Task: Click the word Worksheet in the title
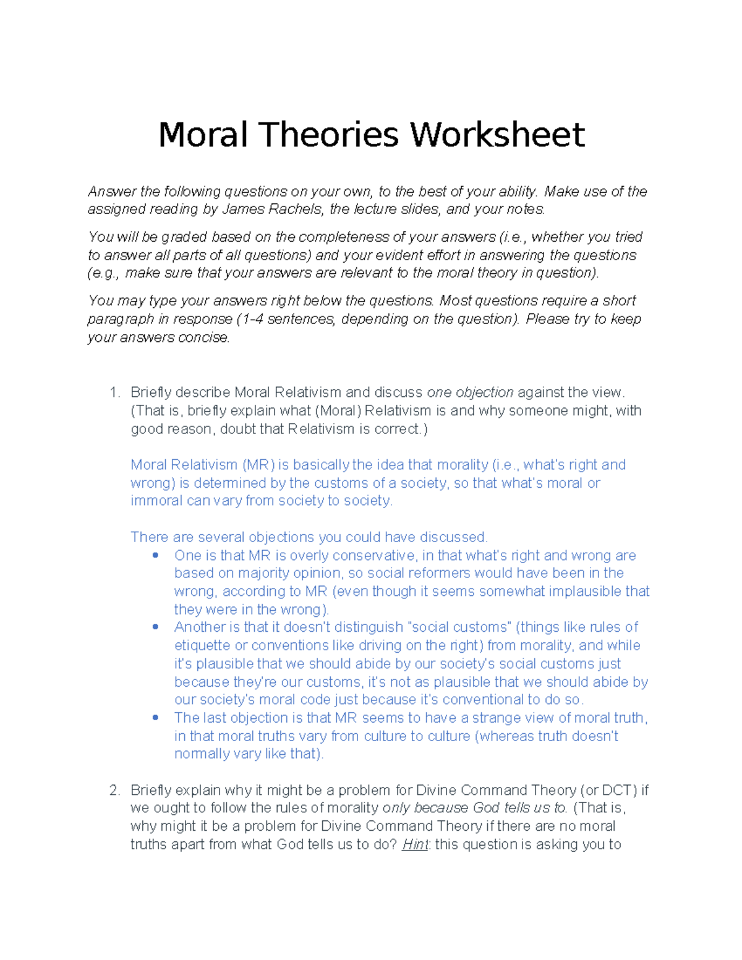pyautogui.click(x=498, y=135)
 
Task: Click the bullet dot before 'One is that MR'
pyautogui.click(x=155, y=556)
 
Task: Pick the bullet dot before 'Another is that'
pyautogui.click(x=155, y=627)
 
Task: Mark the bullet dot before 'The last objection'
pyautogui.click(x=155, y=718)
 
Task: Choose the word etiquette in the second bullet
pyautogui.click(x=202, y=645)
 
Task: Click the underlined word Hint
pyautogui.click(x=415, y=844)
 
